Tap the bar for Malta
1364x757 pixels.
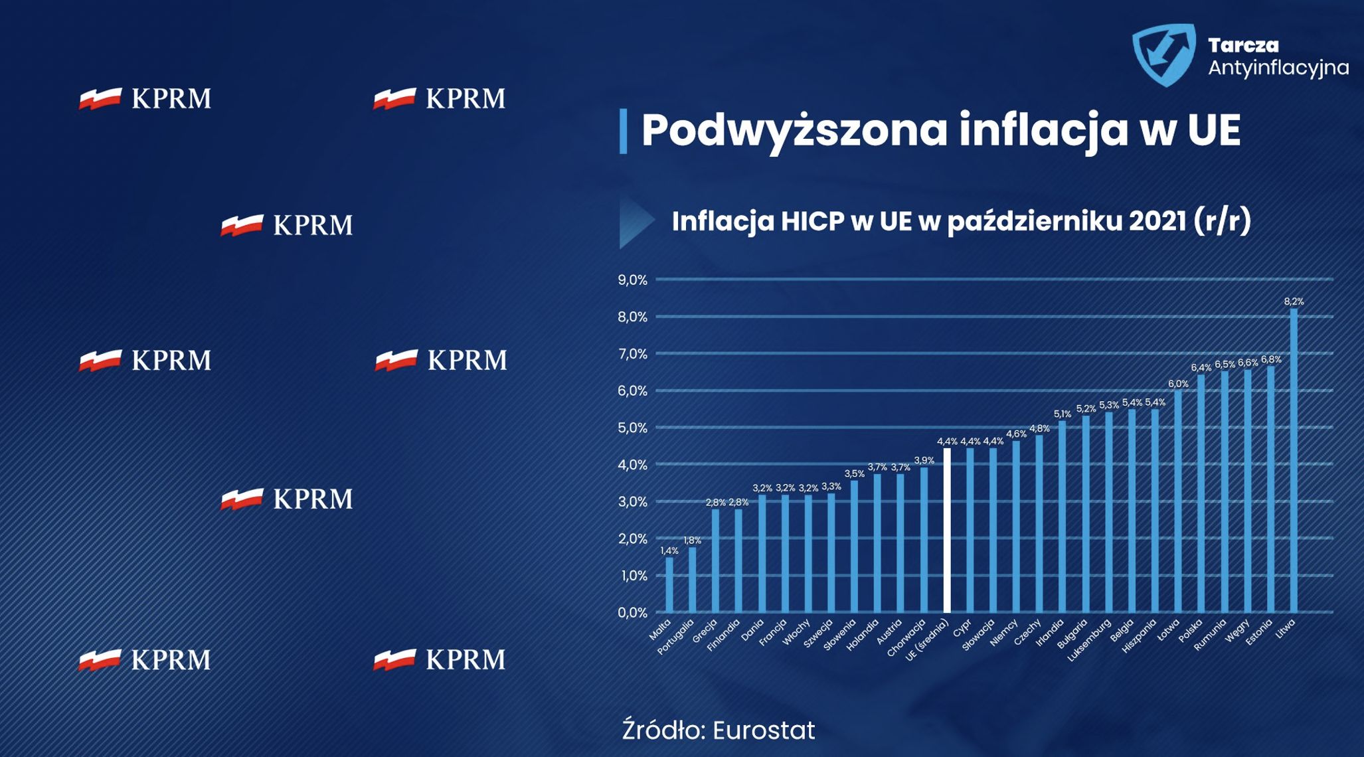pos(669,584)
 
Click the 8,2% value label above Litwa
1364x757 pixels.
pos(1294,301)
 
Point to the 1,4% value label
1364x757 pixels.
pos(669,550)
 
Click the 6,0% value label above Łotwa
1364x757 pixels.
pos(1178,384)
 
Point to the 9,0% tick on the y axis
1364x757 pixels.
pos(632,280)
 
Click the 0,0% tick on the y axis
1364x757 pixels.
pos(632,612)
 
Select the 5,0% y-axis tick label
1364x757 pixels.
pos(632,428)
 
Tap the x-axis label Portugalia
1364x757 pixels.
pos(676,636)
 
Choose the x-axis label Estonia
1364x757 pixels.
pos(1259,632)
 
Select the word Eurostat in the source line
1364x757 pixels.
pos(764,730)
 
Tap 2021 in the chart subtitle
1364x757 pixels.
pos(1157,221)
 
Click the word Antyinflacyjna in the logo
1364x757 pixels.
pos(1278,68)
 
